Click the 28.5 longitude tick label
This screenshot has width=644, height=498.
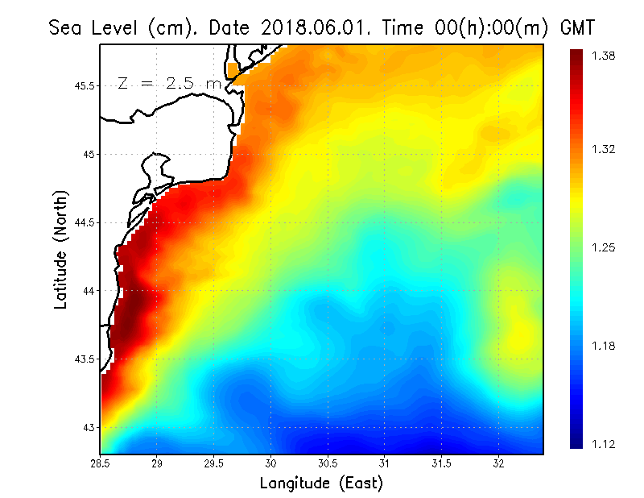point(101,463)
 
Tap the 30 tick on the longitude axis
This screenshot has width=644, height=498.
point(271,463)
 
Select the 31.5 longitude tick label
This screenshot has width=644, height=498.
point(442,463)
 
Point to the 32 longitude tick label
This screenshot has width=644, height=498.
point(498,463)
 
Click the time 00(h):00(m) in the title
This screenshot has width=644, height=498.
point(461,28)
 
